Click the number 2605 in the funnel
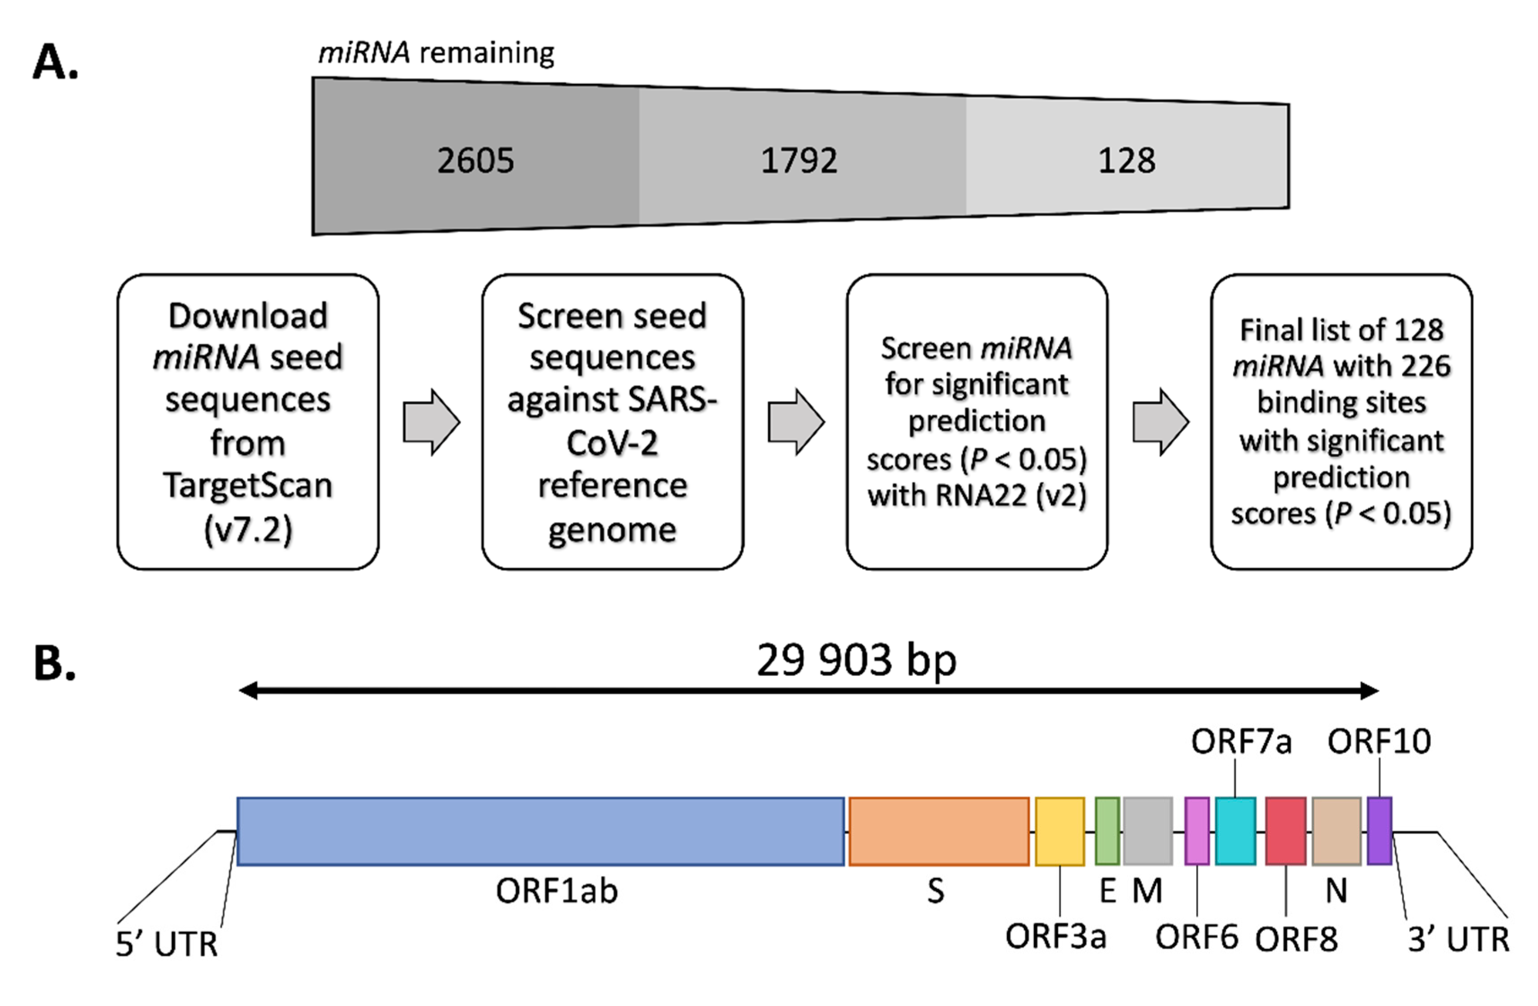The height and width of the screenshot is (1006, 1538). [x=475, y=160]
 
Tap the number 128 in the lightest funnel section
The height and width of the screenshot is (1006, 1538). [x=1126, y=160]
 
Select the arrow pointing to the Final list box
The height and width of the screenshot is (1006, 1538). [x=1160, y=423]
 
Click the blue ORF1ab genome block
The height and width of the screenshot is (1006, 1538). [x=540, y=831]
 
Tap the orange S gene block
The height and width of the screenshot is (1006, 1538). [x=938, y=831]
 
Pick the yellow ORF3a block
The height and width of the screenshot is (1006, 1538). [x=1060, y=831]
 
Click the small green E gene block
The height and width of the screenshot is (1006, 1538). [x=1107, y=831]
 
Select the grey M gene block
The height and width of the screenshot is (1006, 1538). [x=1148, y=831]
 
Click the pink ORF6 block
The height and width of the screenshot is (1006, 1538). [x=1197, y=831]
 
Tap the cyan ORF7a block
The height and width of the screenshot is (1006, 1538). [x=1235, y=831]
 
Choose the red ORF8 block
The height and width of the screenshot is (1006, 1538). [x=1285, y=831]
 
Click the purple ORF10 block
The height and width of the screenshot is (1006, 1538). [x=1379, y=831]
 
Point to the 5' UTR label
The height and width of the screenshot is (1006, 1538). [x=166, y=945]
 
